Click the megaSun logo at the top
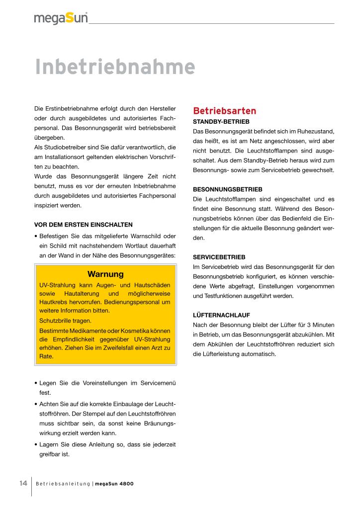click(61, 18)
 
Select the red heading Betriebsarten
click(224, 110)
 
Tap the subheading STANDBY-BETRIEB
click(221, 121)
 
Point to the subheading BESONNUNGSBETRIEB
click(227, 189)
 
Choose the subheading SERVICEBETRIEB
click(219, 257)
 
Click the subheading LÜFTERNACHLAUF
click(221, 315)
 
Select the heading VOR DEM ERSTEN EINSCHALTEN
click(83, 225)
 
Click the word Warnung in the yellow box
click(105, 274)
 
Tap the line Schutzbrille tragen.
click(65, 321)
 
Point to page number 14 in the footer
click(23, 484)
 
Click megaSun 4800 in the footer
click(114, 484)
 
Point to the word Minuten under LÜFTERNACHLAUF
click(323, 325)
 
